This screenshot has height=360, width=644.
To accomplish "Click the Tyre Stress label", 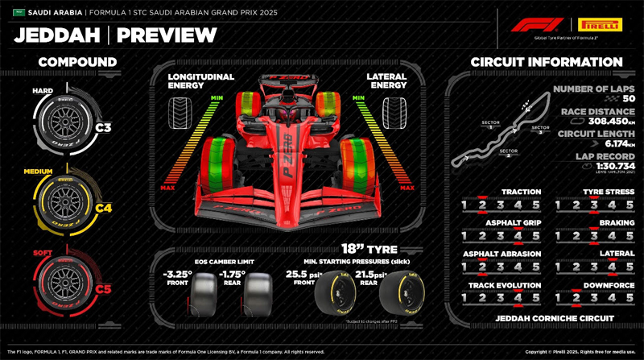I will tap(609, 192).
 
